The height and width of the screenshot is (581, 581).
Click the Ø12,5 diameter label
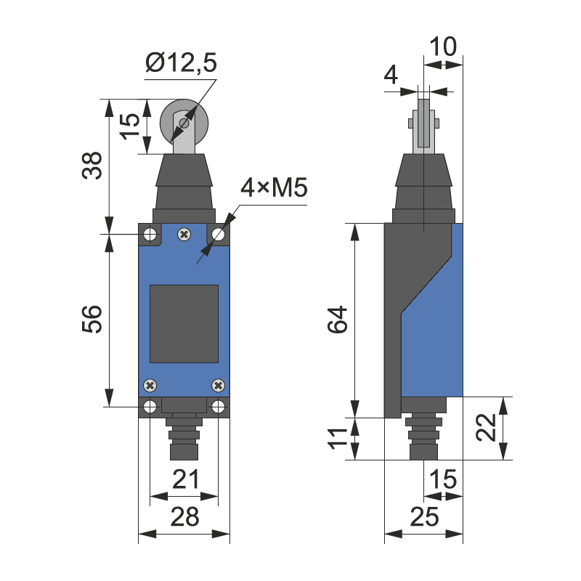pyautogui.click(x=181, y=62)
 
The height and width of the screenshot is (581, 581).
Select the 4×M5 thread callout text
pyautogui.click(x=274, y=187)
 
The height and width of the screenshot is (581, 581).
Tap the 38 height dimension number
pyautogui.click(x=92, y=166)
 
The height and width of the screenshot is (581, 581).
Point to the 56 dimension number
pyautogui.click(x=92, y=319)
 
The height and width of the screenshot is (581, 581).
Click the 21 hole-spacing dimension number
pyautogui.click(x=186, y=479)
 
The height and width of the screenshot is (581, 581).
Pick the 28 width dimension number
pyautogui.click(x=185, y=516)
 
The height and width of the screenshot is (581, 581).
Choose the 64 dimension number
pyautogui.click(x=338, y=320)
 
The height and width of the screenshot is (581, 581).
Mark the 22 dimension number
pyautogui.click(x=486, y=427)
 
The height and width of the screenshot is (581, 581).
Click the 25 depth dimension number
pyautogui.click(x=424, y=516)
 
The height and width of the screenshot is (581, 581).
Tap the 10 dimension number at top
pyautogui.click(x=443, y=46)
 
